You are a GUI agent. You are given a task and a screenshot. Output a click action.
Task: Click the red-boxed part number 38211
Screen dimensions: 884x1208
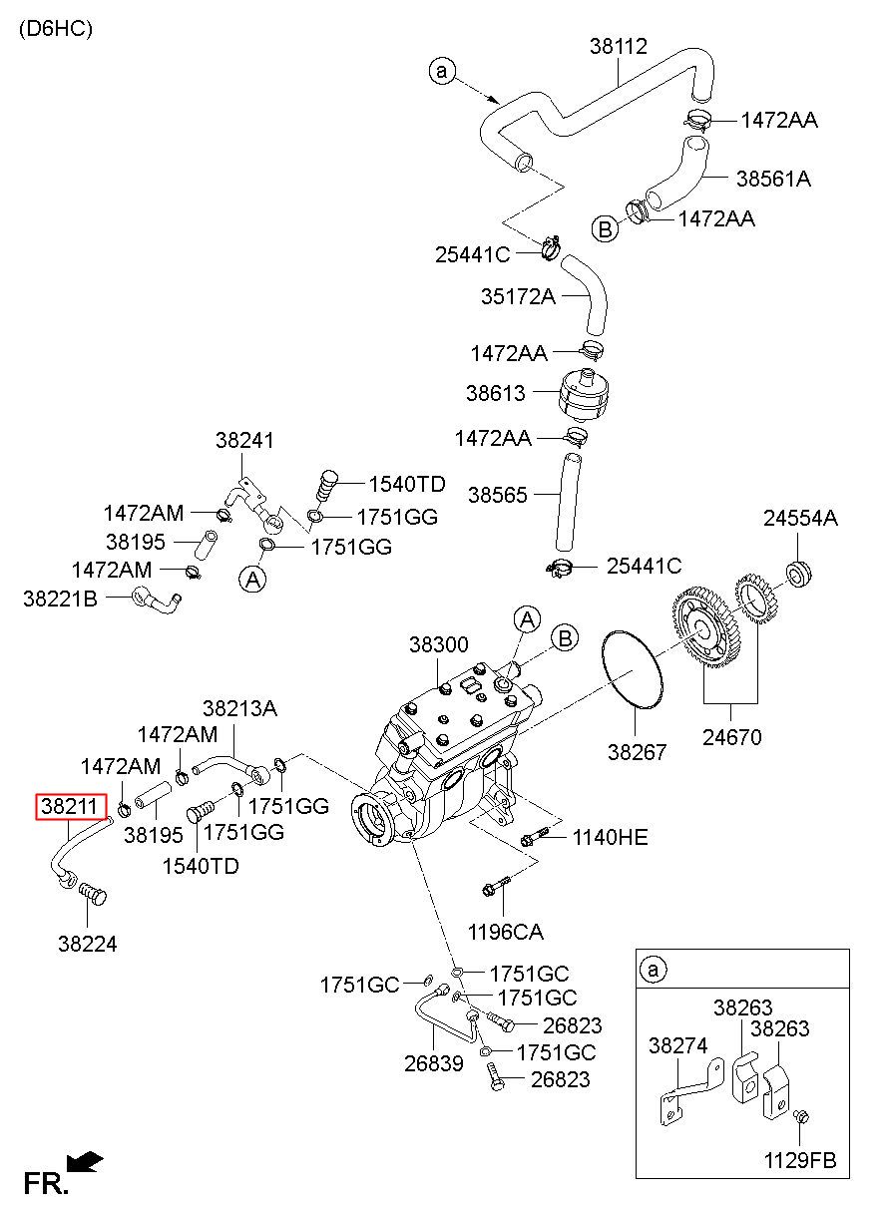71,807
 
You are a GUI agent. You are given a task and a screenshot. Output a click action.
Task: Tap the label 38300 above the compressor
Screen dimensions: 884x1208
438,644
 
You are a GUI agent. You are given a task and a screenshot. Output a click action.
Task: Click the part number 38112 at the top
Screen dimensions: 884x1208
618,46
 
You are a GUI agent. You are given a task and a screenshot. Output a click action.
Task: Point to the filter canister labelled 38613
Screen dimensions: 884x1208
585,395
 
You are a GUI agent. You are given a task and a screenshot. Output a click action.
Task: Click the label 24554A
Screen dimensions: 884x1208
800,519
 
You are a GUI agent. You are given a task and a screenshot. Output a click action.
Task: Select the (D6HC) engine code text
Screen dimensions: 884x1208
56,28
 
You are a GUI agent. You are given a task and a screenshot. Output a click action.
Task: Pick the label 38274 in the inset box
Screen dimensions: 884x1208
678,1045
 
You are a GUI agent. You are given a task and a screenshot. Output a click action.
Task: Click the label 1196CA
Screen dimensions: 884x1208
506,932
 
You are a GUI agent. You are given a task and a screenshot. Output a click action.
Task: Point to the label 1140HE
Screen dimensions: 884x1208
610,838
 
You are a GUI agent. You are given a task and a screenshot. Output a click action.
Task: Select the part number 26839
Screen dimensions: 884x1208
434,1063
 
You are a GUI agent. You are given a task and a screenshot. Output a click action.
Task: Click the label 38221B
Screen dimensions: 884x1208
61,599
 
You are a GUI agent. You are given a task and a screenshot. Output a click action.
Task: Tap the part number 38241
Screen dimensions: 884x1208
244,441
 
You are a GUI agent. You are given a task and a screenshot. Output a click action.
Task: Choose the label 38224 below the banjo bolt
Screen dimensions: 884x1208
88,944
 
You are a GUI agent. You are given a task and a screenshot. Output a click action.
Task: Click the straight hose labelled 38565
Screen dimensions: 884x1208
567,501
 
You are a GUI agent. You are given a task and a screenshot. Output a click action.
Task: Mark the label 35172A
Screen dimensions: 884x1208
518,296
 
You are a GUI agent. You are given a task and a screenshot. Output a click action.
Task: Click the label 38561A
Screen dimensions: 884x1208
773,179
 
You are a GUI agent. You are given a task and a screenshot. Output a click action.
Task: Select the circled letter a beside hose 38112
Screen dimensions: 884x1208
442,71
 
